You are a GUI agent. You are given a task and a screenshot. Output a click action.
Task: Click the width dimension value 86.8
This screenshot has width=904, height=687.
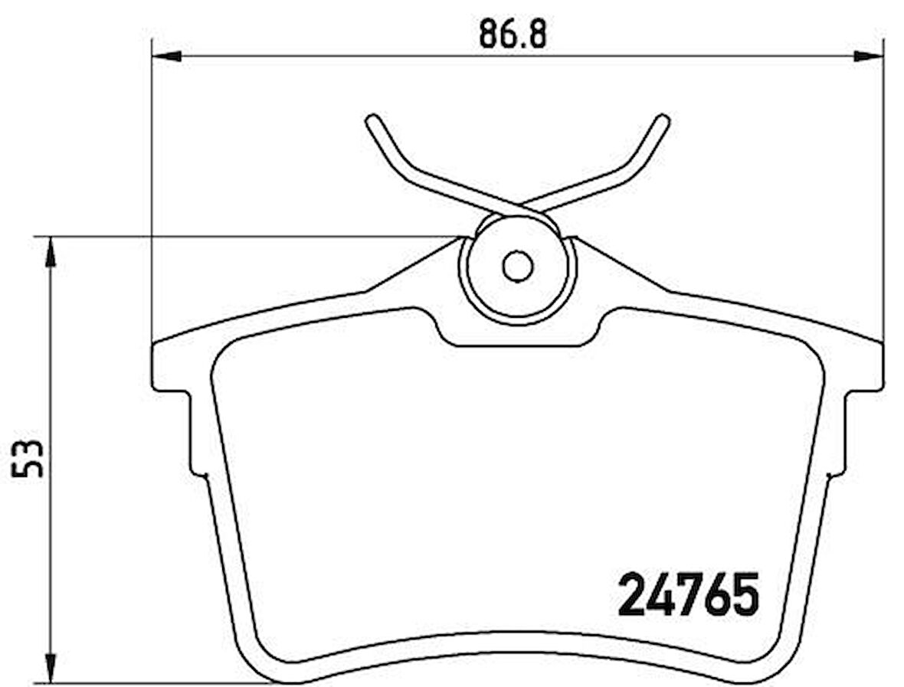[x=513, y=34]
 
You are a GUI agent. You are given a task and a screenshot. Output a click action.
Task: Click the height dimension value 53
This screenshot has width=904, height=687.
[x=30, y=460]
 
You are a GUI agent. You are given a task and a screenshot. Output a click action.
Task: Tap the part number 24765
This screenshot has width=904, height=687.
[x=688, y=595]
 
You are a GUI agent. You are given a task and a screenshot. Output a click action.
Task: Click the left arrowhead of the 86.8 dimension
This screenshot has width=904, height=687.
[x=166, y=56]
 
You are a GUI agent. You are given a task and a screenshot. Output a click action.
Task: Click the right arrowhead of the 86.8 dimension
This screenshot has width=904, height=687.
[x=869, y=56]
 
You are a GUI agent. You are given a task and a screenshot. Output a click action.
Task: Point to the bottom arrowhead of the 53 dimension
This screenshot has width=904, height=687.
[x=51, y=666]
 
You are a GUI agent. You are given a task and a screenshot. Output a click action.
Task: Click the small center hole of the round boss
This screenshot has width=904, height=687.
[x=517, y=266]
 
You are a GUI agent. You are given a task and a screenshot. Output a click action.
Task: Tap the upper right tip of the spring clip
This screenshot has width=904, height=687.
[x=663, y=120]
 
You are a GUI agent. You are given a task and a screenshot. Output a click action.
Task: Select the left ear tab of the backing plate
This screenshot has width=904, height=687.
[x=170, y=368]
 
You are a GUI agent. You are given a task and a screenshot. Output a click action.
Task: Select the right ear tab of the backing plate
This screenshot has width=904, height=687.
[x=864, y=368]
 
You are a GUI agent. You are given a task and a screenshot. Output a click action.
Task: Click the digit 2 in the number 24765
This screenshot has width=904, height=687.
[x=632, y=595]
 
